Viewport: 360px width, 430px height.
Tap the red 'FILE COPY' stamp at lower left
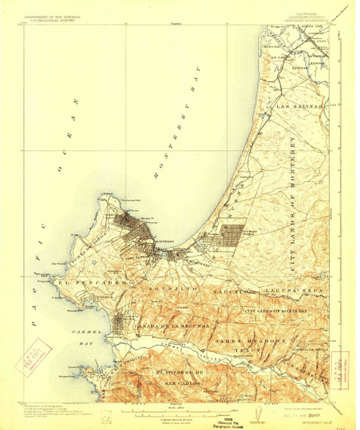(x=32, y=355)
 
